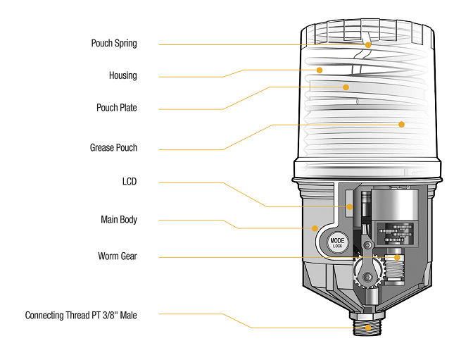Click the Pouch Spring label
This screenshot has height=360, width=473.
tap(114, 44)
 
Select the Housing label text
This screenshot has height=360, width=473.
tap(122, 75)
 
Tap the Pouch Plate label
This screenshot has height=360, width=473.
tap(117, 108)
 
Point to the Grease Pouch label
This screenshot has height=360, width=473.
tap(113, 148)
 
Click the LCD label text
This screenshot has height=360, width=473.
tap(129, 182)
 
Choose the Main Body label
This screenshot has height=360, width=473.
tap(119, 220)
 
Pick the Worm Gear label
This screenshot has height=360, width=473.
tap(118, 256)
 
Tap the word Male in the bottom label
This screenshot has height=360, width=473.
tap(128, 316)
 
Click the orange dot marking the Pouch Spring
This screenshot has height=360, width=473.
tap(367, 44)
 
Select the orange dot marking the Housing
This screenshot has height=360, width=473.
tap(319, 70)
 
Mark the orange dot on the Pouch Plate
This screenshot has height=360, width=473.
tap(346, 87)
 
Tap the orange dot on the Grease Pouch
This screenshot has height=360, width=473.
tap(401, 124)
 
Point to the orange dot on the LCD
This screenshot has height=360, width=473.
tap(348, 206)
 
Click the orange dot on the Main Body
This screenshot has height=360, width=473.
tap(315, 228)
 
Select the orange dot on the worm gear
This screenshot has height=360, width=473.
tap(397, 258)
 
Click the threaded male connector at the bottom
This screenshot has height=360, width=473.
tap(367, 326)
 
